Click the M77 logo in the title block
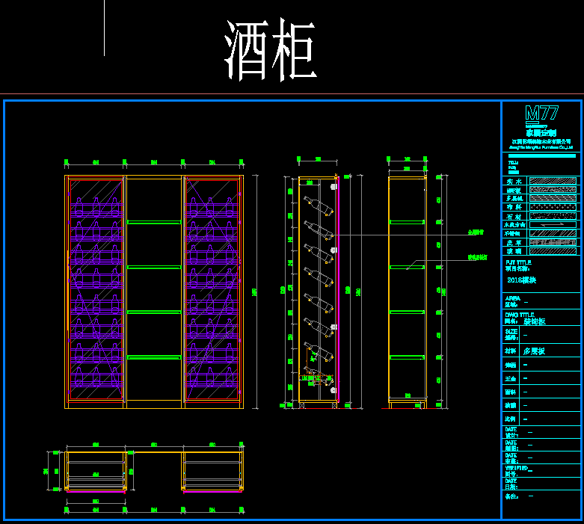(541, 114)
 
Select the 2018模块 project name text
(522, 280)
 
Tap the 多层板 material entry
(535, 350)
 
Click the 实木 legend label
(513, 181)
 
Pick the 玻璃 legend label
(513, 251)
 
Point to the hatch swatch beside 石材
(553, 216)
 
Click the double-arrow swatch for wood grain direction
(553, 224)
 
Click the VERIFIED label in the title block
(518, 469)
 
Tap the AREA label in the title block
(513, 298)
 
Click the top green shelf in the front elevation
(153, 222)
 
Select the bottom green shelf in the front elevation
(153, 357)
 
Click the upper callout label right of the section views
(476, 232)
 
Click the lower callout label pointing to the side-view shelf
(478, 257)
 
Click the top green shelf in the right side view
(407, 222)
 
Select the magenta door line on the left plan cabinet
(95, 492)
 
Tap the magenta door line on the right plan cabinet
(212, 492)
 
